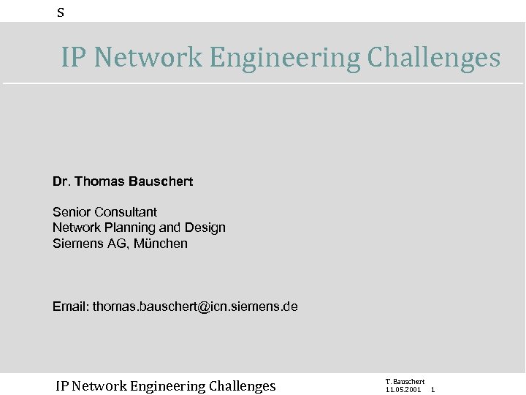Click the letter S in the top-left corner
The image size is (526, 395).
pyautogui.click(x=61, y=12)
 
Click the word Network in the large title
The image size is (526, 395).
pyautogui.click(x=149, y=57)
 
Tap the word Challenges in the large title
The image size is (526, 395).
pyautogui.click(x=433, y=57)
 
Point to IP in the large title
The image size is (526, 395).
pyautogui.click(x=73, y=57)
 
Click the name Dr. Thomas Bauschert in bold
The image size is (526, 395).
pyautogui.click(x=123, y=181)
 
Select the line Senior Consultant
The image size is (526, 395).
pyautogui.click(x=104, y=212)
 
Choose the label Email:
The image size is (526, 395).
pyautogui.click(x=70, y=306)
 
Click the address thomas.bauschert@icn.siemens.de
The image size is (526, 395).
pyautogui.click(x=195, y=306)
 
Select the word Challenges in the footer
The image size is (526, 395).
pyautogui.click(x=242, y=386)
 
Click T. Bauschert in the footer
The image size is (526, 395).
pyautogui.click(x=405, y=382)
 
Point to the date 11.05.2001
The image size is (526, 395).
pyautogui.click(x=403, y=390)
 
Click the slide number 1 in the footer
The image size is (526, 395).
pyautogui.click(x=433, y=390)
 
